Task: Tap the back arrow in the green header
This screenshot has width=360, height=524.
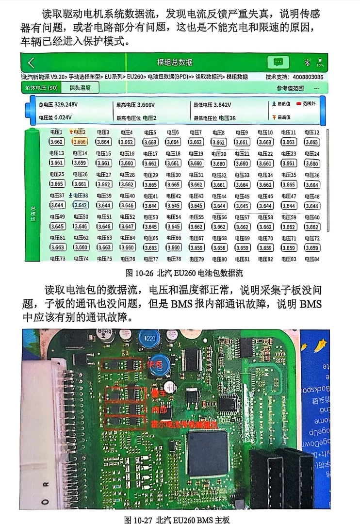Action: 31,63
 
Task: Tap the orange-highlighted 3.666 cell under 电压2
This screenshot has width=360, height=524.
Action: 80,142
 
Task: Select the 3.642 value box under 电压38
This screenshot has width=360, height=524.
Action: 80,205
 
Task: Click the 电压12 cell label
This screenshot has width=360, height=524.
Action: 312,132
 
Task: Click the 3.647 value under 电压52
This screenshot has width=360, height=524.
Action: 127,227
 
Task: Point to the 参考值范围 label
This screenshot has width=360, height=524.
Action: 290,88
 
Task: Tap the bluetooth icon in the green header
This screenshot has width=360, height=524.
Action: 306,63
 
